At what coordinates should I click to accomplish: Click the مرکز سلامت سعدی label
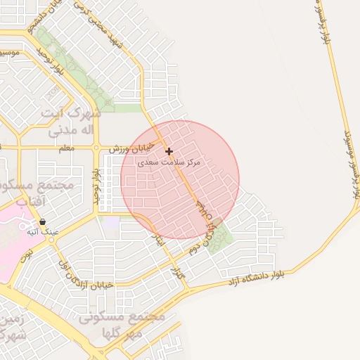click(x=172, y=162)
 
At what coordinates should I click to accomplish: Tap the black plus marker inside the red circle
click(x=169, y=151)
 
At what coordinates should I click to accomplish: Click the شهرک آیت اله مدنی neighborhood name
click(x=70, y=122)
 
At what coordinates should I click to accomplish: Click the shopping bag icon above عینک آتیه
click(x=43, y=221)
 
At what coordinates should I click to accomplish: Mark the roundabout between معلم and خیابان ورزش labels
click(x=96, y=148)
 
